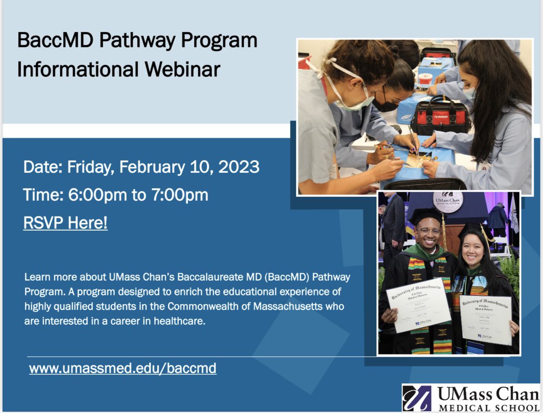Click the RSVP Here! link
65,223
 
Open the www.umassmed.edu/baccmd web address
123,368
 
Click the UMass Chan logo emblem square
416,397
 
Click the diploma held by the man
419,305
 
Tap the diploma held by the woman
486,320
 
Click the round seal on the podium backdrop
448,202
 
